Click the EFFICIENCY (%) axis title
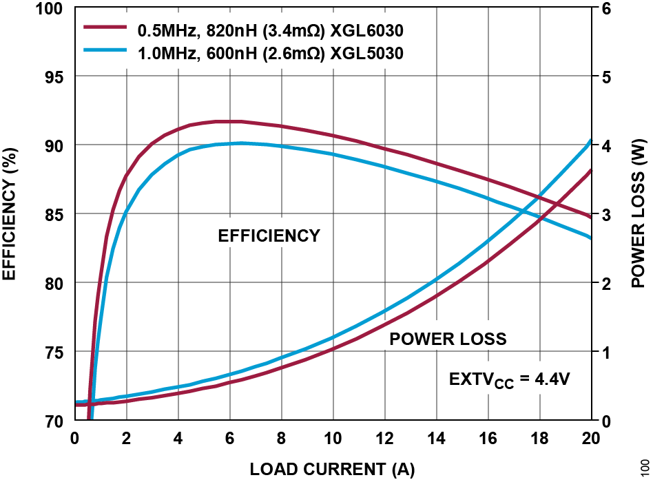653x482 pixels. point(10,214)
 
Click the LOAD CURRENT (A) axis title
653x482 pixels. point(333,470)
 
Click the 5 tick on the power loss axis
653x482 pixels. point(605,76)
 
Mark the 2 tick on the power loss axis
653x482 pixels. point(605,283)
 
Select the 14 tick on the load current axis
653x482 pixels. point(437,438)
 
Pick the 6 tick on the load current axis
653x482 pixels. point(230,438)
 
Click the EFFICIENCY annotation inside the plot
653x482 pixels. point(269,236)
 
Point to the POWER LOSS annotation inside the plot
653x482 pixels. point(448,339)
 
